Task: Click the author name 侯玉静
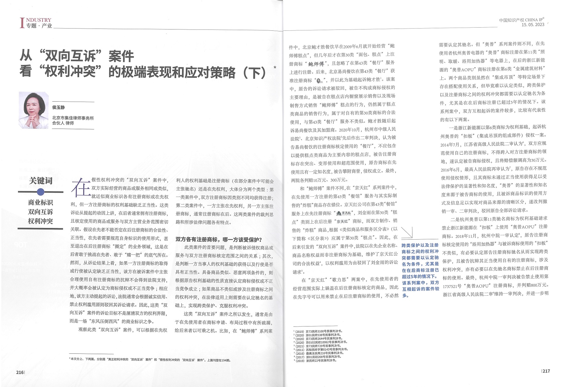59,107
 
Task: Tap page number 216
20,372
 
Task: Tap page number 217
546,371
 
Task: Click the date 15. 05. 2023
533,24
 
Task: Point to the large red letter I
22,23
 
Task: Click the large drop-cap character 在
80,187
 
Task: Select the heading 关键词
40,181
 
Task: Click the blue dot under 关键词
40,192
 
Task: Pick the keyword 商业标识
40,202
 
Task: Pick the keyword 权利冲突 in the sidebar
40,221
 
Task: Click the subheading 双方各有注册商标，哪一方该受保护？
218,240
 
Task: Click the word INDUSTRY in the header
38,20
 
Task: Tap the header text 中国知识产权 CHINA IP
521,20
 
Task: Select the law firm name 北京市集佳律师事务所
73,118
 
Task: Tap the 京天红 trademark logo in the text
344,213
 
